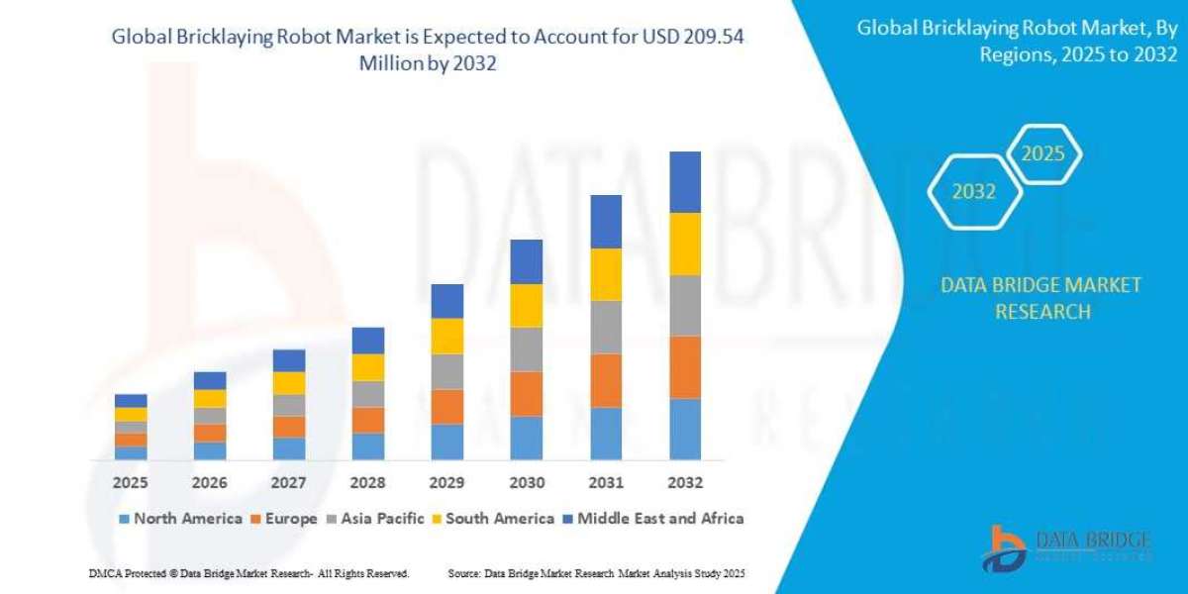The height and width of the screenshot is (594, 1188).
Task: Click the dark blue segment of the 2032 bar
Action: click(685, 182)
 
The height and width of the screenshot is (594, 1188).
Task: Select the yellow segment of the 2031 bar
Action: click(606, 274)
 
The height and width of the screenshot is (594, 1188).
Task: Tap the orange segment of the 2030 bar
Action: click(527, 394)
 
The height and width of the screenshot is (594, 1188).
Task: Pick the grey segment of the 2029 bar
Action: click(447, 371)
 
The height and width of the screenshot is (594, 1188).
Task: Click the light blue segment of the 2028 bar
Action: click(368, 446)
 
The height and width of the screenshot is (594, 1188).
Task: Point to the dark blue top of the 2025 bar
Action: click(131, 400)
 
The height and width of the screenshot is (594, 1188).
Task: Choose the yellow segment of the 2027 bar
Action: click(289, 383)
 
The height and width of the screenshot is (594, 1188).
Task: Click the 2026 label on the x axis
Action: click(210, 483)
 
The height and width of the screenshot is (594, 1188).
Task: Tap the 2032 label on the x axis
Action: click(685, 483)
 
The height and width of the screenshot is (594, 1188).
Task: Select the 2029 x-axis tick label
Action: click(447, 483)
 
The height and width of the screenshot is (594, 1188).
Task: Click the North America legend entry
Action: click(180, 519)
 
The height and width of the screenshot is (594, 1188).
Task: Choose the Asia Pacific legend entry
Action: click(375, 519)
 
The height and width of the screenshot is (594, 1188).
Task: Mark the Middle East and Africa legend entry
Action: click(652, 519)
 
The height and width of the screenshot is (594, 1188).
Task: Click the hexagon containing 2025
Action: click(1042, 154)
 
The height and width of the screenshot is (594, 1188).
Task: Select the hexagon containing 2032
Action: click(973, 192)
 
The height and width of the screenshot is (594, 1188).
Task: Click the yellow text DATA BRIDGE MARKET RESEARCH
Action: click(1040, 298)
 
